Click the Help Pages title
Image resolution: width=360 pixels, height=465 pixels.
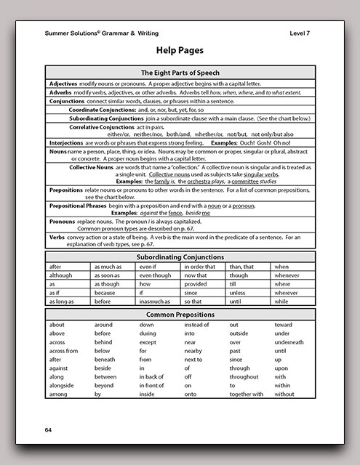180,51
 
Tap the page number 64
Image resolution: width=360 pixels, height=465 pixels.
49,431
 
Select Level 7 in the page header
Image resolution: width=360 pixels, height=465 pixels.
300,33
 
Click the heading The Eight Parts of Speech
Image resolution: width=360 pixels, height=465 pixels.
180,73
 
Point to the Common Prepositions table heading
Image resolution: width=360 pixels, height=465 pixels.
180,314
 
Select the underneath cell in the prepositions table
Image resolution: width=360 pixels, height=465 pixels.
289,341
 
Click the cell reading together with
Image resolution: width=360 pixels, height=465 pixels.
246,394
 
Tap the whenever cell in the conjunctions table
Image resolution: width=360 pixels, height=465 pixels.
286,275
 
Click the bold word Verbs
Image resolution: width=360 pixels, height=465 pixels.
57,236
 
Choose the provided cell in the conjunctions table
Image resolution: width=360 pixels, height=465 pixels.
197,284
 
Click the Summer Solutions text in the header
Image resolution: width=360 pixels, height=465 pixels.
71,33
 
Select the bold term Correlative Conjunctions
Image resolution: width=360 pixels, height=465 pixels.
106,126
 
